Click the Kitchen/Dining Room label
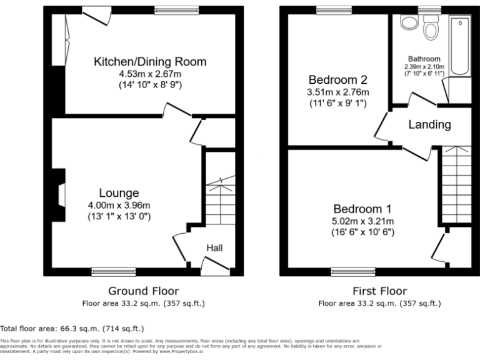click(x=149, y=62)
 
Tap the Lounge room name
click(x=119, y=193)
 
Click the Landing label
click(x=429, y=124)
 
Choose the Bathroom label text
click(x=424, y=59)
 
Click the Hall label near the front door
click(x=215, y=248)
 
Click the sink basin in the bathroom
click(x=409, y=22)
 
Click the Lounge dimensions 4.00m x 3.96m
click(x=119, y=205)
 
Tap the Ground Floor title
click(x=143, y=291)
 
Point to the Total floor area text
click(x=72, y=328)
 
